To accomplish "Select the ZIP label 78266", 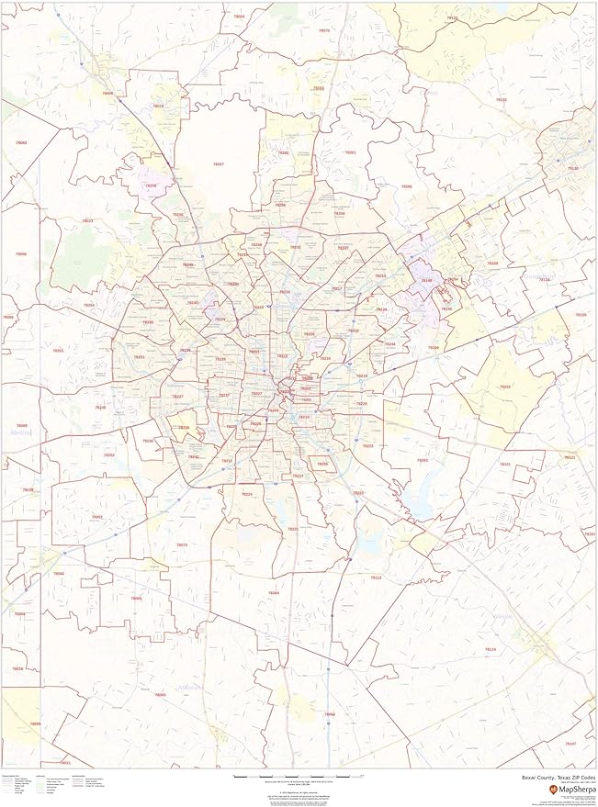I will [x=406, y=186].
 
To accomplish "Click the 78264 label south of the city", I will [x=273, y=593].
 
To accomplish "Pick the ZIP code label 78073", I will [x=181, y=545].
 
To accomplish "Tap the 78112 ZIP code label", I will [x=376, y=577].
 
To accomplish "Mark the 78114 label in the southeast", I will [x=491, y=649].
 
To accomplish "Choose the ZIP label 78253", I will [x=57, y=351].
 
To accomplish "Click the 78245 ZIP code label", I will [x=100, y=408].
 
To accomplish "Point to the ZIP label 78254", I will [x=89, y=305].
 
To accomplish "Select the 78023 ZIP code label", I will [x=87, y=221].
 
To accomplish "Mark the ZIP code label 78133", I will [x=452, y=17].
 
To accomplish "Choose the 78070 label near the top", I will [x=319, y=89].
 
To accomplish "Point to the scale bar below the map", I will [x=299, y=777].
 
